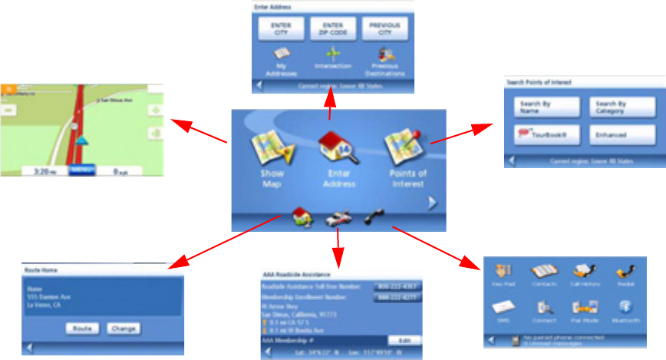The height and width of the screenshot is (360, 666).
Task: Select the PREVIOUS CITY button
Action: (384, 29)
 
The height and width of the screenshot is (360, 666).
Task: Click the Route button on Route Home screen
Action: (79, 328)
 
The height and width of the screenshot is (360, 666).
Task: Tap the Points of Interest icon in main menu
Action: (404, 149)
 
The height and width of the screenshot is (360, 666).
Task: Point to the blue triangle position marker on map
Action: (81, 141)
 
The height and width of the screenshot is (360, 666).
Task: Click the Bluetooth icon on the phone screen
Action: (625, 308)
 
